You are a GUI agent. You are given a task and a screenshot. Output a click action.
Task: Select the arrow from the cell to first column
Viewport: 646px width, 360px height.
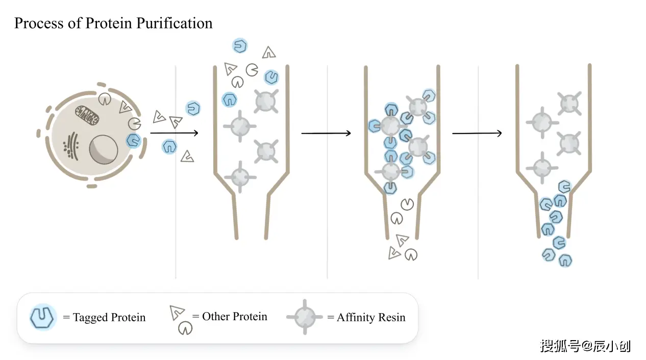(x=173, y=134)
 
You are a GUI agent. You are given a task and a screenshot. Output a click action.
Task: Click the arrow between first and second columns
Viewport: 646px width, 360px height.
(x=326, y=134)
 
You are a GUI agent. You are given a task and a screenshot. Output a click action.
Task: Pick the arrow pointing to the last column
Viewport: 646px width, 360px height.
(x=477, y=134)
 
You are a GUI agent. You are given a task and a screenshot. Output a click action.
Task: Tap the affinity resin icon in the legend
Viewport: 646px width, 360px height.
(x=305, y=317)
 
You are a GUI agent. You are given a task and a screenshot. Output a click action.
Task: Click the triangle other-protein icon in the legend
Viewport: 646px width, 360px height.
(x=177, y=312)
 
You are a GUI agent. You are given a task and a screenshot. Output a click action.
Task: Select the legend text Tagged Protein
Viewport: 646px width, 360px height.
(x=109, y=318)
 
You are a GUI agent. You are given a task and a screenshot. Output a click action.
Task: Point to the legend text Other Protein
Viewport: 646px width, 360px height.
(x=235, y=317)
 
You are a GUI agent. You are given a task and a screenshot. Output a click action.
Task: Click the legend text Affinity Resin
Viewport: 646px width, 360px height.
(x=371, y=318)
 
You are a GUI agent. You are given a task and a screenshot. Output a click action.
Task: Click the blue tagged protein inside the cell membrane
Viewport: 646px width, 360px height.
(x=134, y=140)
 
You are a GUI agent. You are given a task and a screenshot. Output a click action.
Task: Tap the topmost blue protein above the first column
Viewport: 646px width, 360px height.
(x=240, y=46)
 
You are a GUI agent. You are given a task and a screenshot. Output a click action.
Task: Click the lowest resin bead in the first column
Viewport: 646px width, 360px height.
(x=240, y=177)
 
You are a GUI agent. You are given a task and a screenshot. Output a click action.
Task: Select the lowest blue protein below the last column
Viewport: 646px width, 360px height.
(x=565, y=260)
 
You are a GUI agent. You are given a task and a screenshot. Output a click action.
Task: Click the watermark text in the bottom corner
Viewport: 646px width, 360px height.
(x=585, y=346)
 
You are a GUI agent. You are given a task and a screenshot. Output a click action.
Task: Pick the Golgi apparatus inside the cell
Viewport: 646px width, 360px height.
(x=71, y=144)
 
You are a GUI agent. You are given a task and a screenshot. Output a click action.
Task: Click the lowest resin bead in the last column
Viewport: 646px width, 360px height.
(x=542, y=166)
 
